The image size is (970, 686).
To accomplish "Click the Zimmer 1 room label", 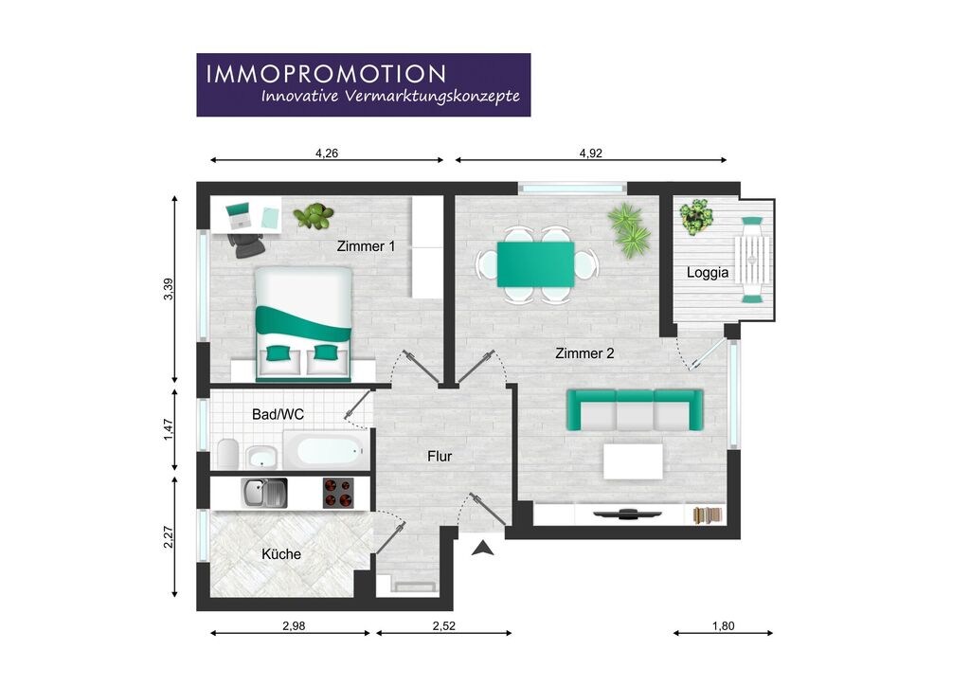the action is click(x=366, y=246).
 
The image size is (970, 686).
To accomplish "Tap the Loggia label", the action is click(x=707, y=273).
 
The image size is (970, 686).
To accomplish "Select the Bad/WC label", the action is click(x=278, y=414).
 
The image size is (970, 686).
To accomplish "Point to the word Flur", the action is click(x=440, y=457).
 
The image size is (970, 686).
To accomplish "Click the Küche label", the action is click(x=280, y=554).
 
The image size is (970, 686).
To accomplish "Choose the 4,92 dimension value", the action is click(x=590, y=153).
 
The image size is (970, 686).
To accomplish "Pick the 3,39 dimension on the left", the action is click(x=169, y=290).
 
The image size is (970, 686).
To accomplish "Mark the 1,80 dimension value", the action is click(x=723, y=626).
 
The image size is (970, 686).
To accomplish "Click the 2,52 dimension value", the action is click(x=443, y=626).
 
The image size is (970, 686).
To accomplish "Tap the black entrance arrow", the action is click(x=483, y=548).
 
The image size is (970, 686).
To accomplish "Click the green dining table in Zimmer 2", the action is click(x=536, y=264).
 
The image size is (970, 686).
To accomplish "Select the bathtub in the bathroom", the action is click(x=326, y=450).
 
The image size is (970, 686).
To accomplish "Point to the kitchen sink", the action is click(x=264, y=493).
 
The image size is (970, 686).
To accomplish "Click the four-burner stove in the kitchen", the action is click(x=338, y=493).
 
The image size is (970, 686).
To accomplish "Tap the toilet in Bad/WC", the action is click(x=227, y=454).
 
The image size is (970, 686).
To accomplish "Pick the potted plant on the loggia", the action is click(x=696, y=217).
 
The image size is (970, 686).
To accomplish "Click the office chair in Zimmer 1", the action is click(x=246, y=245).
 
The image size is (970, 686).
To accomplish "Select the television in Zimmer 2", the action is click(x=627, y=514).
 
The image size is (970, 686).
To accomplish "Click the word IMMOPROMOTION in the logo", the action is click(x=326, y=74).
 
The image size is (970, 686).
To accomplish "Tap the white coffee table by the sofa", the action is click(x=633, y=461).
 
